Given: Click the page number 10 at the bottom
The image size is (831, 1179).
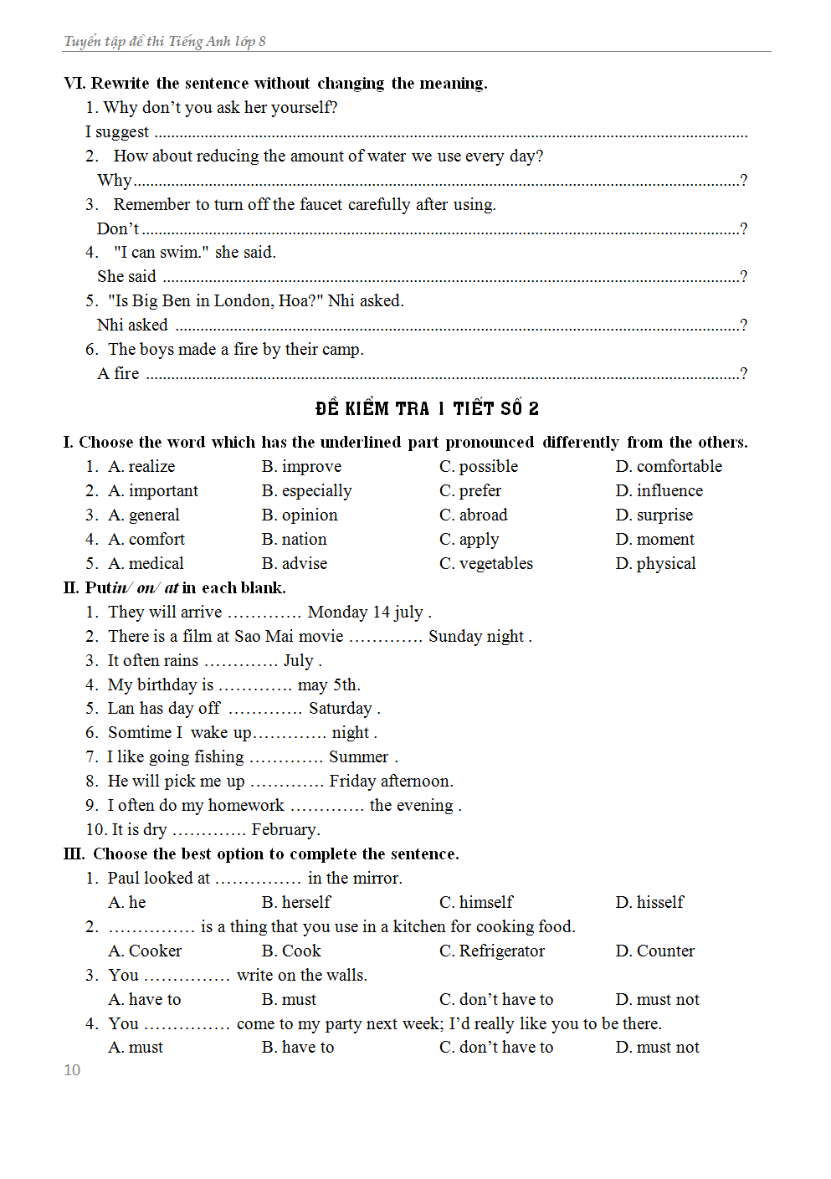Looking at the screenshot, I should tap(72, 1070).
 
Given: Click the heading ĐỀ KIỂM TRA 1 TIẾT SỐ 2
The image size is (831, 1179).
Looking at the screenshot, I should tap(427, 408).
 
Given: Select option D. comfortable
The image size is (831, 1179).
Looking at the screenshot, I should tap(669, 466).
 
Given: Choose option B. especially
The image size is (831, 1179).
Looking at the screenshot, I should tap(306, 490).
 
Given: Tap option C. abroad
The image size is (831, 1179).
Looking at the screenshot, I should tap(473, 515).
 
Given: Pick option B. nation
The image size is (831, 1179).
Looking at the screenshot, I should tap(294, 539).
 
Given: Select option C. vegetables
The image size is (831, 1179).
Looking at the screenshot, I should tap(485, 563).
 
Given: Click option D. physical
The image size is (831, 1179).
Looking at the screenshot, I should tap(655, 563).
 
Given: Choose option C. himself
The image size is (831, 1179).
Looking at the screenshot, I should tap(476, 902).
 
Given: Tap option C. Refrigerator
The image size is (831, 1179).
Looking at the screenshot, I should tap(491, 951).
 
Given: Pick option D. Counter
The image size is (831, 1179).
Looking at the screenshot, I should tap(654, 951).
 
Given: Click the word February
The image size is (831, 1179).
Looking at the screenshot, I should tap(285, 829).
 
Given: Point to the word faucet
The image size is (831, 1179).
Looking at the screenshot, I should tap(321, 204).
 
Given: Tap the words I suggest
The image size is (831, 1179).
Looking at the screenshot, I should tap(117, 131).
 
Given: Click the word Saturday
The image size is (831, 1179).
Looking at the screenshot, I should tap(340, 708).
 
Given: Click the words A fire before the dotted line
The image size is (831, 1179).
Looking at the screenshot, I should tap(118, 373).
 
